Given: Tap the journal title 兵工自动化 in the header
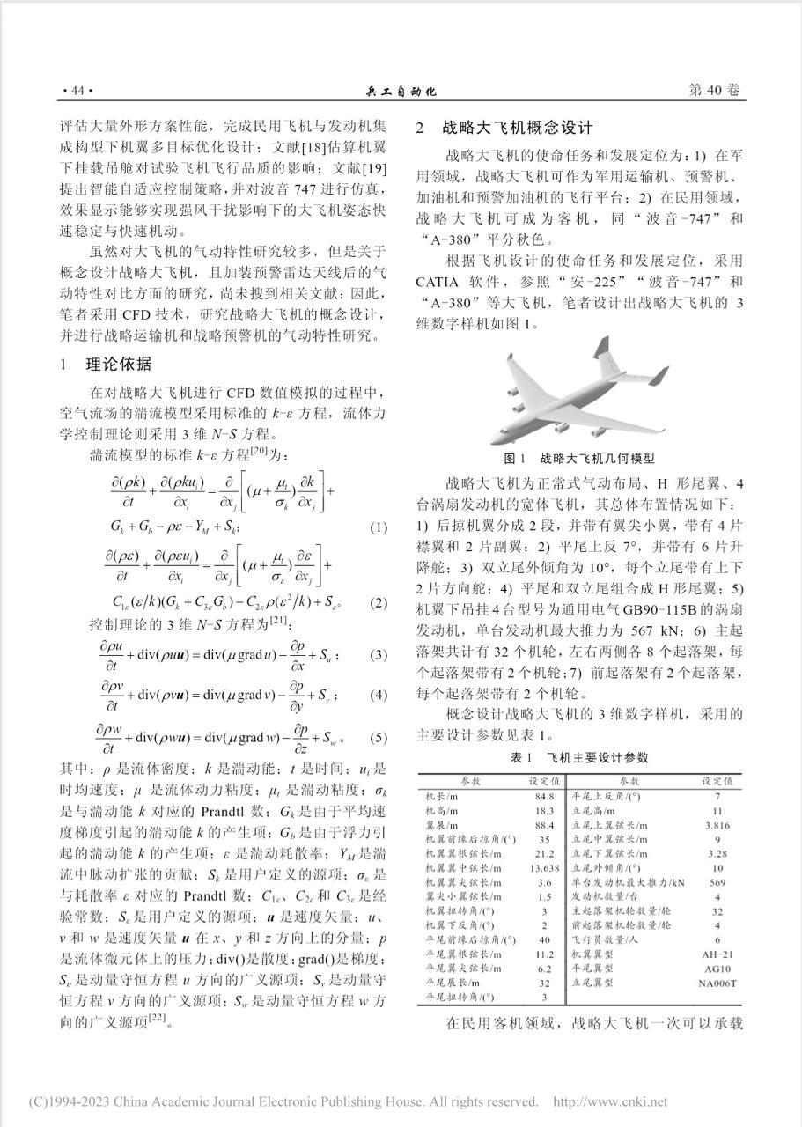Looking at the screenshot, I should [401, 92].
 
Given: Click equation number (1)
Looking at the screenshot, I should [378, 527].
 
